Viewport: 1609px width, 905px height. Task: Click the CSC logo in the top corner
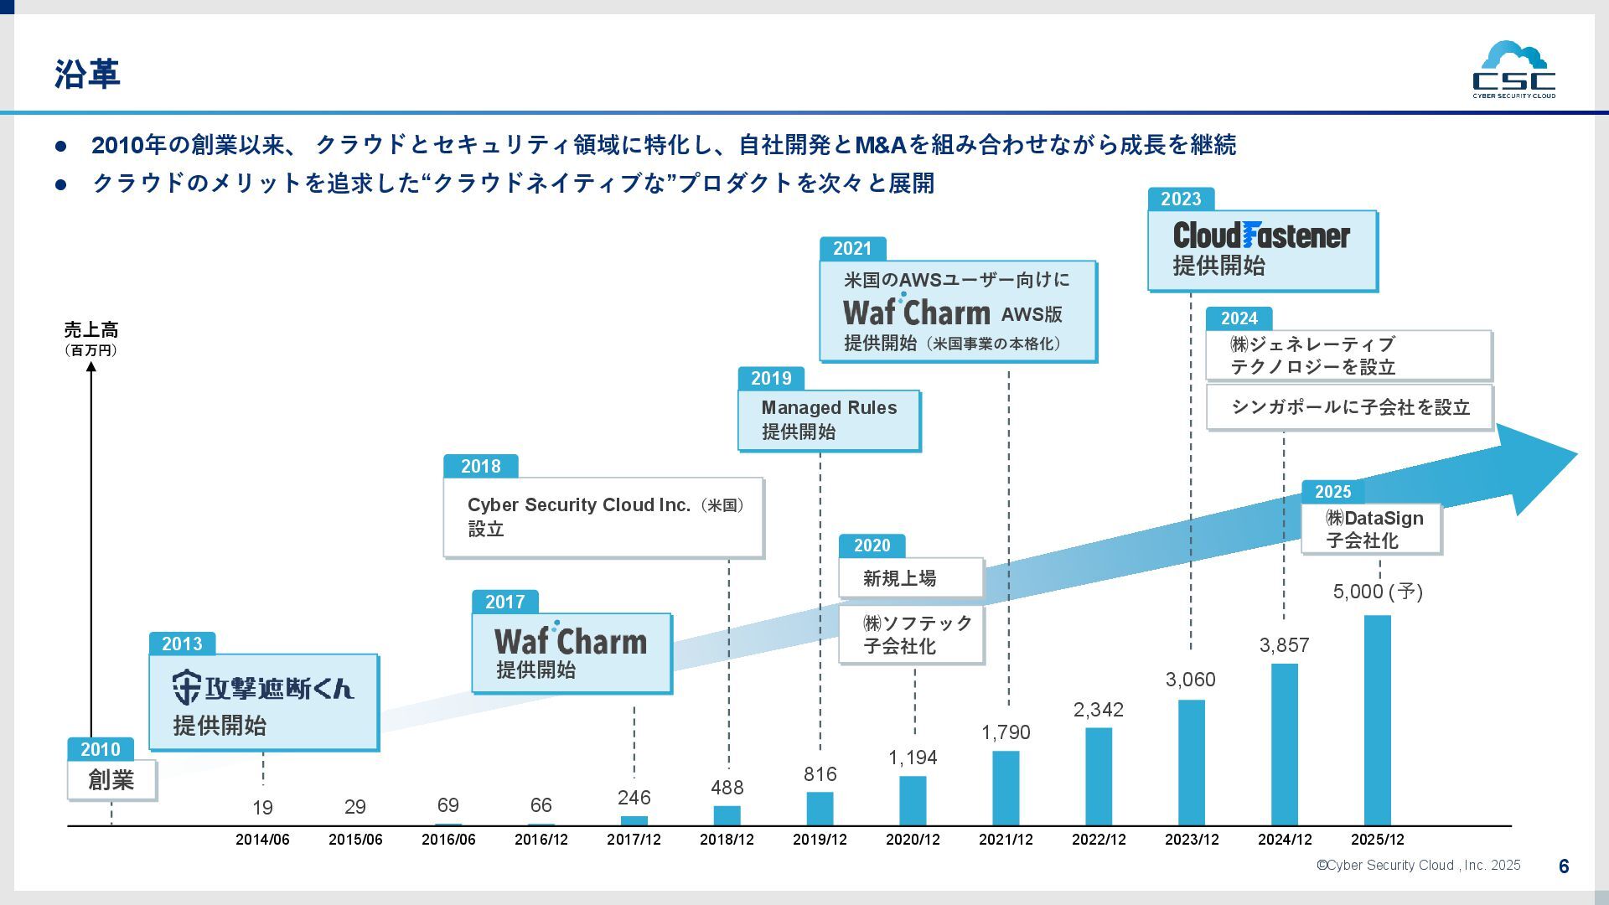[x=1513, y=70]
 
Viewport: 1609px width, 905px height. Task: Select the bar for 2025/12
[x=1377, y=721]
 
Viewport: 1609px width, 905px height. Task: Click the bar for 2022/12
[x=1099, y=776]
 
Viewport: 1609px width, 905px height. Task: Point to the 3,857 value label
[x=1284, y=645]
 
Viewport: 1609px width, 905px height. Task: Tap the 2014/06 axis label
[x=262, y=840]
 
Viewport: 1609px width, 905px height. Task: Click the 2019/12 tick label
[x=820, y=840]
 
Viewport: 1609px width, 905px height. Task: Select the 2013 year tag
[x=182, y=644]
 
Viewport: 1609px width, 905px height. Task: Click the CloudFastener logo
[x=1261, y=235]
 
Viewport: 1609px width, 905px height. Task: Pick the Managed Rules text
[x=829, y=408]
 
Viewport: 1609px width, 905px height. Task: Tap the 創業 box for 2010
[x=111, y=780]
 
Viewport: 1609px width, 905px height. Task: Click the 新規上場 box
[x=911, y=578]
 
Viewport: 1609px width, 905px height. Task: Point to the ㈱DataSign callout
[x=1371, y=529]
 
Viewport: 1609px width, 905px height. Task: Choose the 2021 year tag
[x=852, y=249]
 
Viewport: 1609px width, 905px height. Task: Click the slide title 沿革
[x=87, y=74]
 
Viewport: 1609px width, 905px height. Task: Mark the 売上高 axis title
[x=91, y=330]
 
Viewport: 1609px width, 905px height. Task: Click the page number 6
[x=1563, y=866]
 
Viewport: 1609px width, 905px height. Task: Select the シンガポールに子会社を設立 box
[x=1349, y=407]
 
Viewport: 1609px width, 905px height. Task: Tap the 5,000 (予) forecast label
[x=1378, y=592]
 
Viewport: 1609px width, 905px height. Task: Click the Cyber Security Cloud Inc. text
[x=578, y=505]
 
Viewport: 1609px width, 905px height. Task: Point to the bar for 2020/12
[x=913, y=800]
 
